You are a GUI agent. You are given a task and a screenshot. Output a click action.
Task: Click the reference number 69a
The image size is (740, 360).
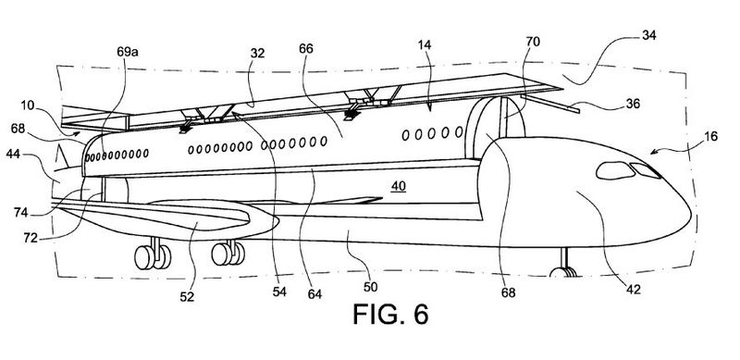[x=128, y=52]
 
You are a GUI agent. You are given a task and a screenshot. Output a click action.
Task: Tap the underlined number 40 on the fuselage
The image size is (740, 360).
[x=399, y=186]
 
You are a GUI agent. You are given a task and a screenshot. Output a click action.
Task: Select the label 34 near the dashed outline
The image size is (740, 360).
[x=649, y=35]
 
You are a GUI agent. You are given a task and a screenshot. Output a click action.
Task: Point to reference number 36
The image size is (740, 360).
[x=633, y=104]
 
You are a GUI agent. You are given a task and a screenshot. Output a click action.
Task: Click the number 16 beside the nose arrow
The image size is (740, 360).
[x=710, y=137]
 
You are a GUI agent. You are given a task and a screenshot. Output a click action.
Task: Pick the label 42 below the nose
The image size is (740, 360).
[x=634, y=290]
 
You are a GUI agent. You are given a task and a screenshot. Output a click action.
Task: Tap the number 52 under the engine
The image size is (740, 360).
[x=187, y=297]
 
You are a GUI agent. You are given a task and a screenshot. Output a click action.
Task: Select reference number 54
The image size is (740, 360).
[x=279, y=292]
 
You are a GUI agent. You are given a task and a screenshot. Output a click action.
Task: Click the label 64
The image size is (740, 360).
[x=314, y=294]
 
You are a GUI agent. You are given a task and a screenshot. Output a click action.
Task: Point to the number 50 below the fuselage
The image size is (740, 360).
[x=371, y=286]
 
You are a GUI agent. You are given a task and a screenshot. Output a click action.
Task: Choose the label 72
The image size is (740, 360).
[x=31, y=238]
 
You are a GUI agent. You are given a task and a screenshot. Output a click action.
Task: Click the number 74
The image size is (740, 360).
[x=20, y=213]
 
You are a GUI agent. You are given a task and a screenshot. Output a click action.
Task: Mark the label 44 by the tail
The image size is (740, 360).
[x=13, y=154]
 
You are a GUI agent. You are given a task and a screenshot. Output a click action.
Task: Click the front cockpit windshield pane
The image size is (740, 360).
[x=645, y=170]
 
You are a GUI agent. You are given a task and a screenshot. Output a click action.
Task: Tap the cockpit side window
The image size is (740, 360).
[x=615, y=170]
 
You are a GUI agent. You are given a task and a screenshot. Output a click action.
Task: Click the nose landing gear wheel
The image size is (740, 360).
[x=562, y=272]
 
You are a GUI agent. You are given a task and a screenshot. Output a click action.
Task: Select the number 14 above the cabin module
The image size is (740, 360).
[x=424, y=45]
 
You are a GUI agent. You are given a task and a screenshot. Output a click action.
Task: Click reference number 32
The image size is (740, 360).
[x=258, y=53]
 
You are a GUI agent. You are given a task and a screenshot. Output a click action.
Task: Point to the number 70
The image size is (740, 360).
[x=533, y=42]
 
